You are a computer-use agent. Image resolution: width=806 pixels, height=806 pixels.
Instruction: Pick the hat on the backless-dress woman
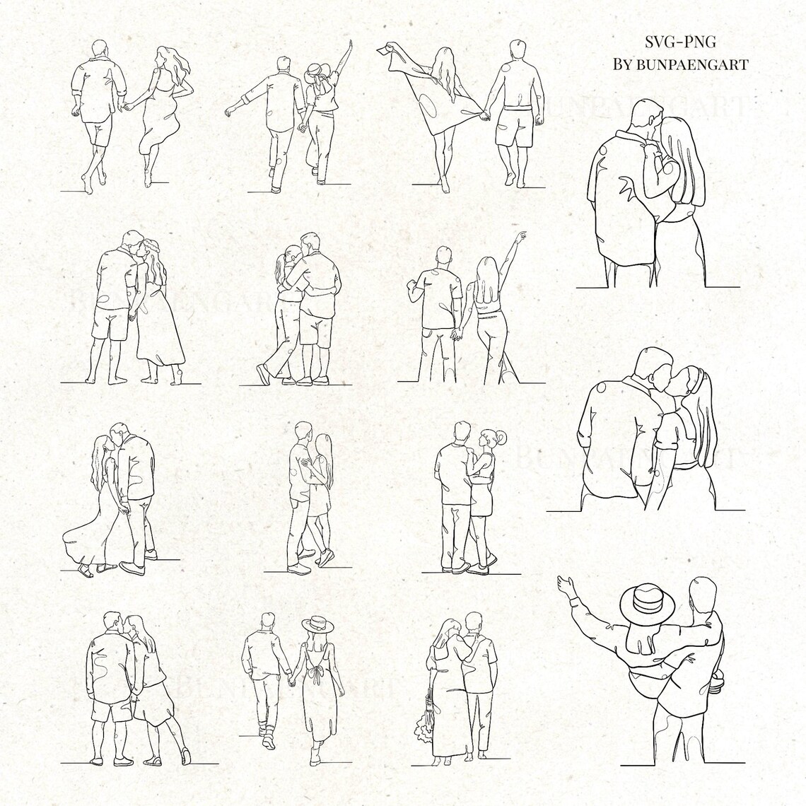click(x=316, y=625)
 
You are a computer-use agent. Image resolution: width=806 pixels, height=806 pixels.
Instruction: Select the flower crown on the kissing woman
click(x=149, y=245)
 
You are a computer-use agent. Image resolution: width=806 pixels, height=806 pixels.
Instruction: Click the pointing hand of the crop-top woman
click(x=521, y=235)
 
